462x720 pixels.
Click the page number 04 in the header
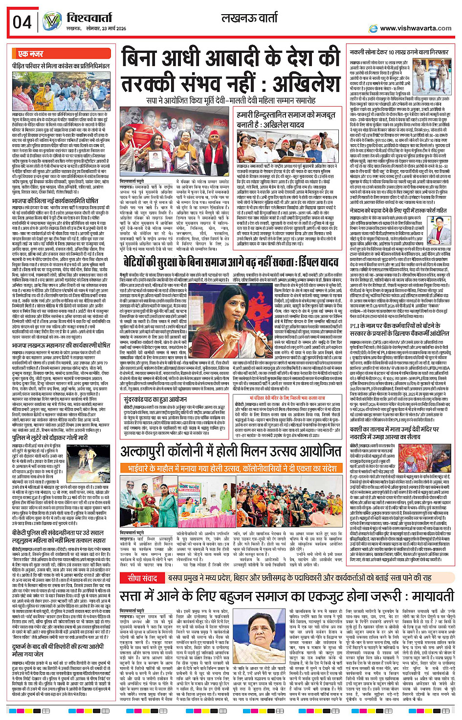[22, 22]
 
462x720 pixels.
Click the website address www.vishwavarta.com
[416, 28]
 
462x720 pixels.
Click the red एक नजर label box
[31, 54]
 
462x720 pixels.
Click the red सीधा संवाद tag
[142, 577]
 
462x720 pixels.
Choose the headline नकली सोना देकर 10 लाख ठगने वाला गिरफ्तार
[399, 52]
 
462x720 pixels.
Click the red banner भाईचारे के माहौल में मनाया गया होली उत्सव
[232, 468]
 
